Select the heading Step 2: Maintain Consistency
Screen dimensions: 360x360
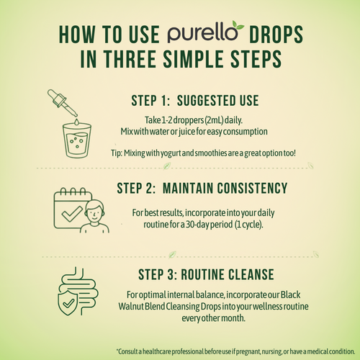click(202, 189)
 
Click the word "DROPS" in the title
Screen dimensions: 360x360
click(282, 35)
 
